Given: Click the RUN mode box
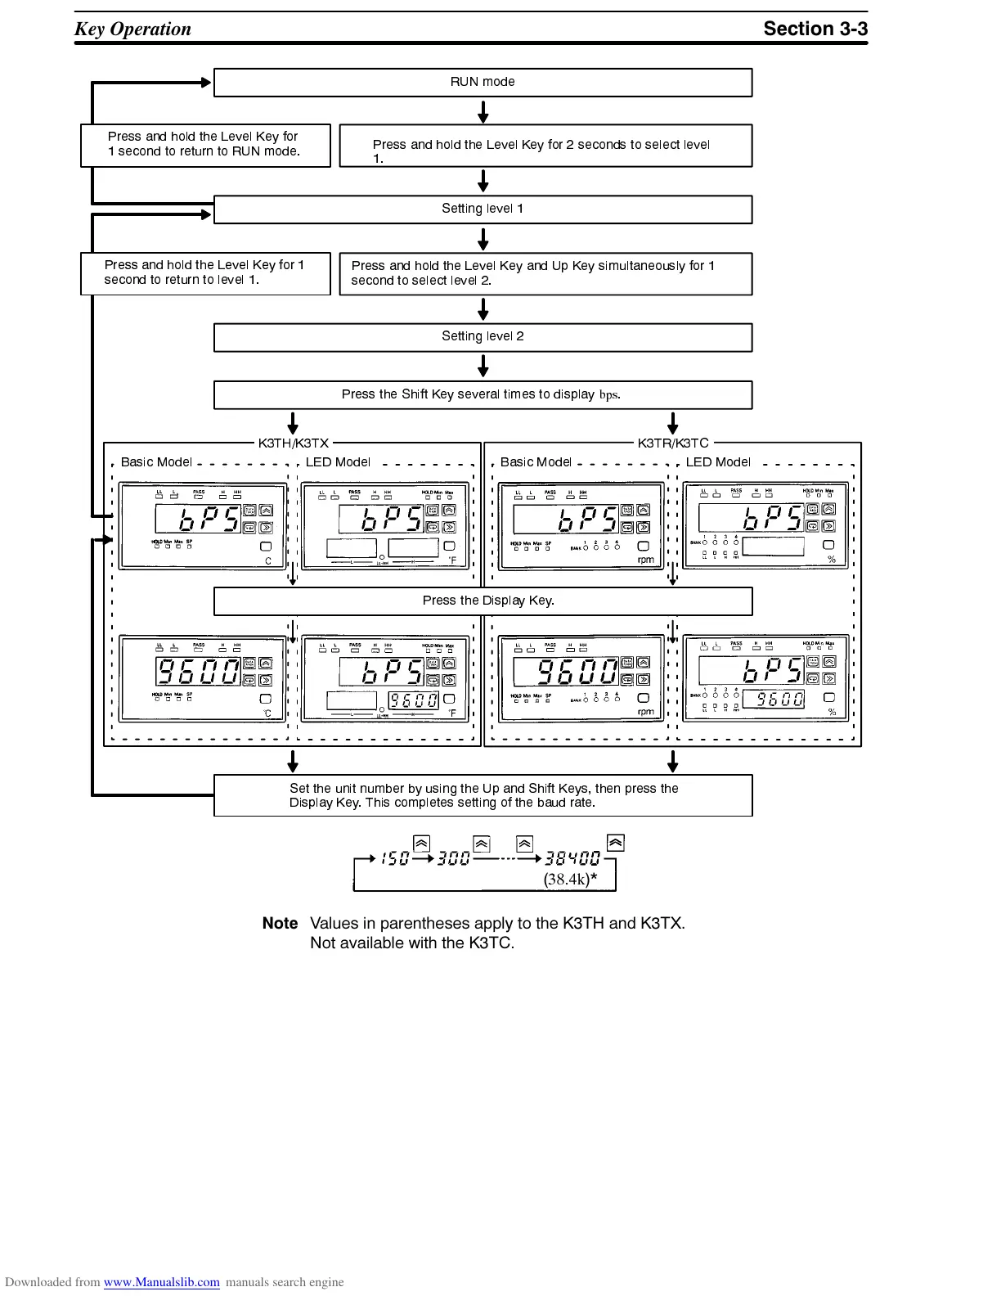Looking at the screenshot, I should pyautogui.click(x=483, y=82).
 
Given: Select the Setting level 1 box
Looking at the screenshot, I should pyautogui.click(x=483, y=209).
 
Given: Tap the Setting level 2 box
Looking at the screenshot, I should pyautogui.click(x=483, y=336).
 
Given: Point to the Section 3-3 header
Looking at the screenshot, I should pyautogui.click(x=815, y=29).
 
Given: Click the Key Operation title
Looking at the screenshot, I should pyautogui.click(x=132, y=29).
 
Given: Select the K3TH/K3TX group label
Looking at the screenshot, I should pyautogui.click(x=293, y=443).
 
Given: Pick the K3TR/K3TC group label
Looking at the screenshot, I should pyautogui.click(x=672, y=443).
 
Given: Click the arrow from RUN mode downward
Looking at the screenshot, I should pyautogui.click(x=483, y=111).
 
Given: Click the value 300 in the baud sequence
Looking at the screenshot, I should pyautogui.click(x=454, y=858).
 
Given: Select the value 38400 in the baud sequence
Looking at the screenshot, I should pyautogui.click(x=572, y=858).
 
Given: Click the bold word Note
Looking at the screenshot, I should pyautogui.click(x=280, y=923).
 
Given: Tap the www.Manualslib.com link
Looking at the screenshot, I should pyautogui.click(x=161, y=1282).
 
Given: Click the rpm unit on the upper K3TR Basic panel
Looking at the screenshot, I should pyautogui.click(x=645, y=560).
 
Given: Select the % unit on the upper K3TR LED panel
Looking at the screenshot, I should pyautogui.click(x=832, y=560).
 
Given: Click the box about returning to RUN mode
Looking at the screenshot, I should pyautogui.click(x=204, y=145).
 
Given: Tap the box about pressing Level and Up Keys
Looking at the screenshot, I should pyautogui.click(x=545, y=273).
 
